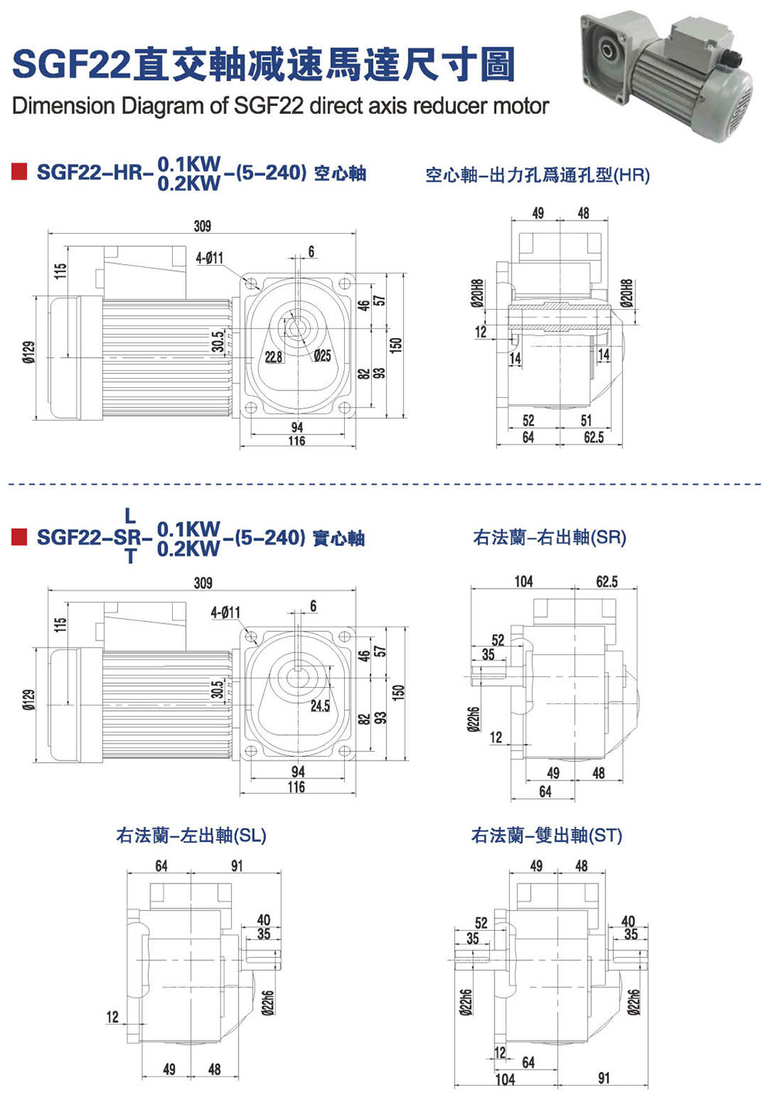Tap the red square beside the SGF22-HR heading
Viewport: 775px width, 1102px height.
(19, 171)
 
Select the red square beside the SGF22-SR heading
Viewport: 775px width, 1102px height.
(19, 536)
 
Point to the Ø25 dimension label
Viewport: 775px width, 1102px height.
(322, 355)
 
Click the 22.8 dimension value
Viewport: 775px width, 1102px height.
(274, 357)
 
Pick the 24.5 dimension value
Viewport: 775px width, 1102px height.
(320, 705)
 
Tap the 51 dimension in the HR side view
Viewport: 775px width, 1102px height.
(587, 421)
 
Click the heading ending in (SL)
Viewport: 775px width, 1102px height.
(191, 836)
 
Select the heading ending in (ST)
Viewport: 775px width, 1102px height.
(546, 836)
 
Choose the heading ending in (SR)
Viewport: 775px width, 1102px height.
(549, 537)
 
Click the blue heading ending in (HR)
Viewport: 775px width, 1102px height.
(537, 175)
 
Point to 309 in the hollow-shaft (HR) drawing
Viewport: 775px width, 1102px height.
(201, 226)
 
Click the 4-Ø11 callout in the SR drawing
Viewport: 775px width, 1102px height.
(226, 613)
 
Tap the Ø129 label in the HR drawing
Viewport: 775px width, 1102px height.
(29, 352)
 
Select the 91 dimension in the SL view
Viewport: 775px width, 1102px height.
(236, 866)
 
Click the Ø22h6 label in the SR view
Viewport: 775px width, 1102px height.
(473, 719)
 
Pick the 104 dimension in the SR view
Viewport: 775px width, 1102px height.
(524, 582)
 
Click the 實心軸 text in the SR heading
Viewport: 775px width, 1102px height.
(339, 537)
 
